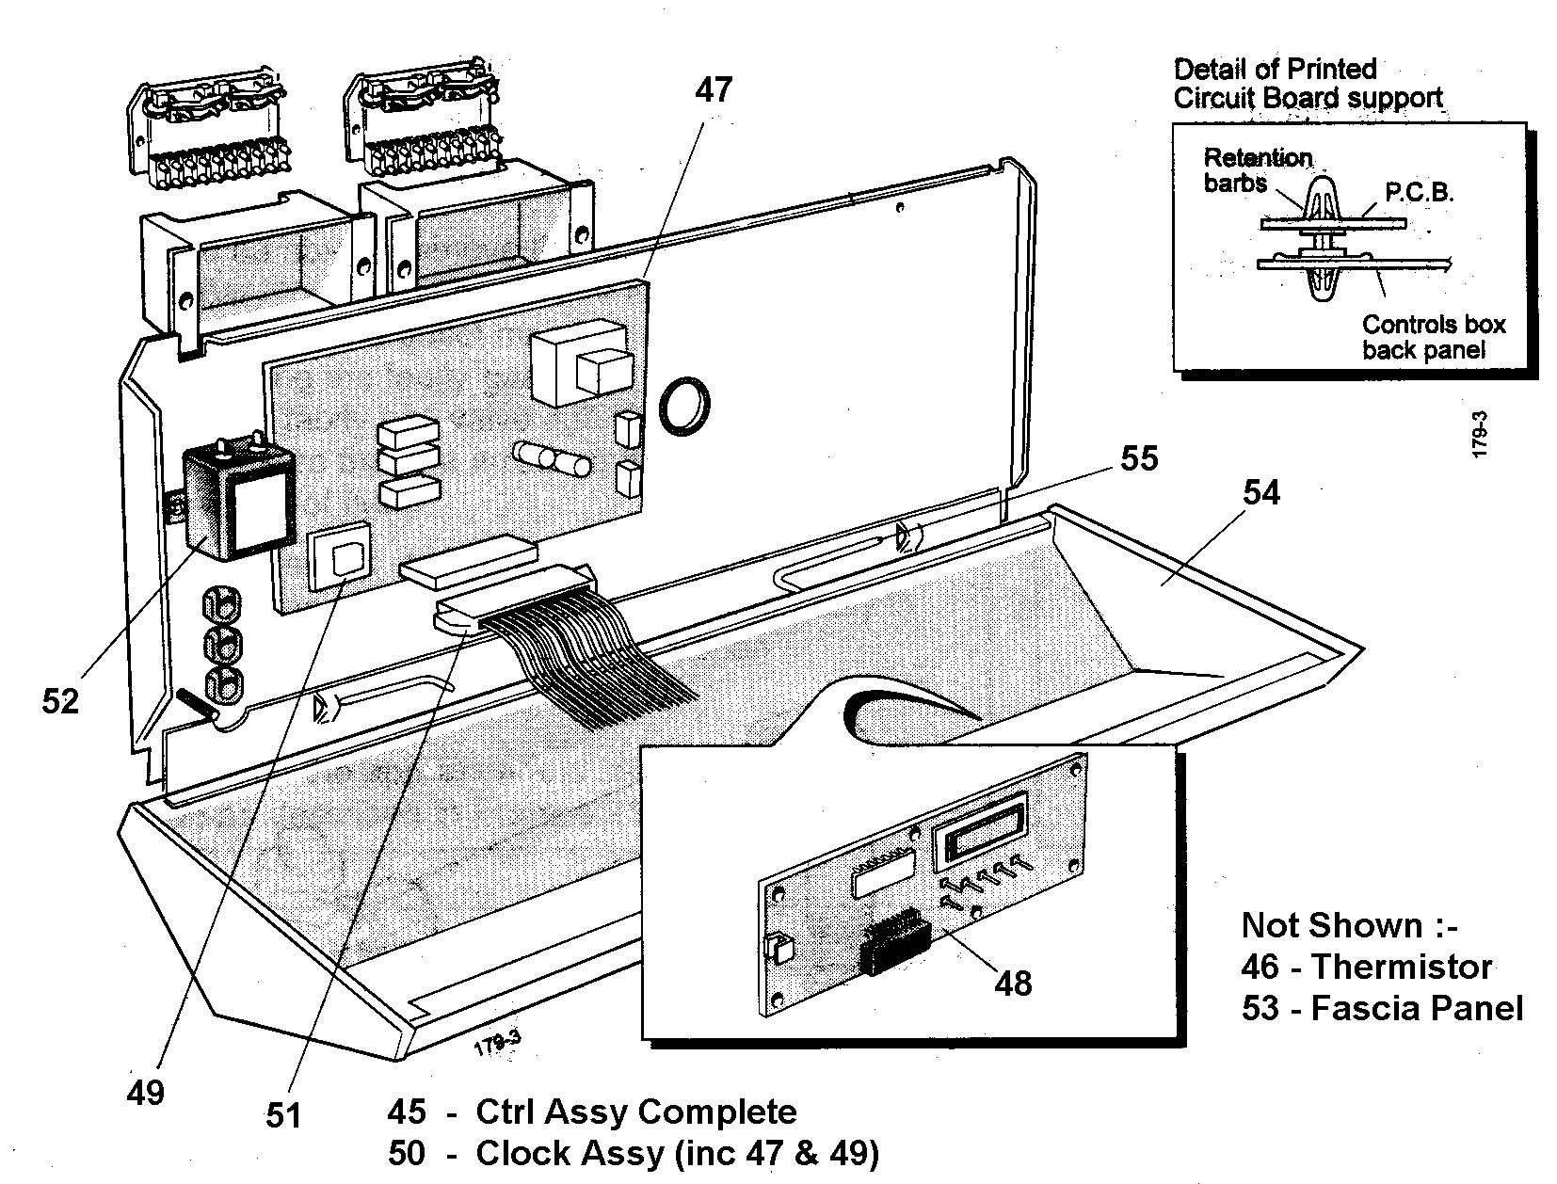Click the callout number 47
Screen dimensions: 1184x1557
coord(713,89)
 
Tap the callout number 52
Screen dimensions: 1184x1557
coord(60,701)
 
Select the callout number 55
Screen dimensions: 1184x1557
coord(1138,458)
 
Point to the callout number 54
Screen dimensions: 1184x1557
coord(1261,492)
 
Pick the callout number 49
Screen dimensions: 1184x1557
coord(145,1093)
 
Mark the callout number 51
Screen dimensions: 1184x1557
coord(282,1115)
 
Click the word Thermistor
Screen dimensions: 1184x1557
coord(1402,967)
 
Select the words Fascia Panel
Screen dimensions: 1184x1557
coord(1417,1008)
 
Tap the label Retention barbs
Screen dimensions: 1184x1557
coord(1258,169)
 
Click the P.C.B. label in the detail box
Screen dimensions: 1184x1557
coord(1420,193)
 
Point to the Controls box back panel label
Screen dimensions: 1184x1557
coord(1433,337)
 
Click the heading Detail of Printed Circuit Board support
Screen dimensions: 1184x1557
coord(1307,83)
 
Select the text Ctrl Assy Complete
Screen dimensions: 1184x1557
coord(636,1112)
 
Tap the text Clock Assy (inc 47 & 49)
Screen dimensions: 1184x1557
coord(677,1153)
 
